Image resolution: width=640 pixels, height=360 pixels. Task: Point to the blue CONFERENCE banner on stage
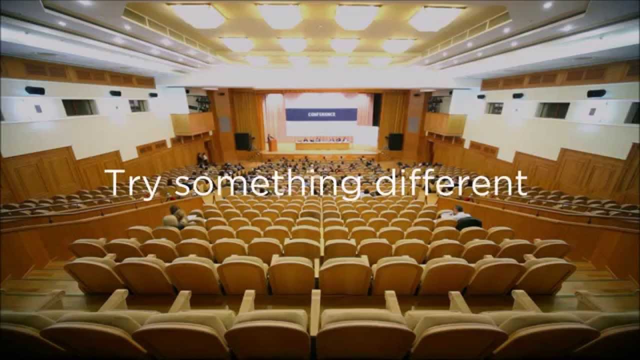pos(321,114)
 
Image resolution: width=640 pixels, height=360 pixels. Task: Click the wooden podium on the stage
pos(272,143)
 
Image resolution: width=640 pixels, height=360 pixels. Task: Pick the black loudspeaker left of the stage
pos(242,141)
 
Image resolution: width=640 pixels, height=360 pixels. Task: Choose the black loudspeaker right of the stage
pos(395,141)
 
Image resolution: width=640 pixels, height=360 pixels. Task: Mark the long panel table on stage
pos(324,145)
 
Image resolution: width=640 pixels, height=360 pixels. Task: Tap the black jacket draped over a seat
pos(468,223)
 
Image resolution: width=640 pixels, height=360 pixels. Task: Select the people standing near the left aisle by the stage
pos(202,159)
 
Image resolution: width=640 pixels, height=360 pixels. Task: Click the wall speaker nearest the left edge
pos(35,90)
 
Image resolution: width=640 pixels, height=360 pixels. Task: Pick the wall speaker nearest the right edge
pos(596,93)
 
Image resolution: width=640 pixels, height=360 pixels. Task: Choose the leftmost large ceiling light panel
pos(198,15)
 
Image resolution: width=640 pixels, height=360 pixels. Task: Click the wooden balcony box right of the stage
pos(445,123)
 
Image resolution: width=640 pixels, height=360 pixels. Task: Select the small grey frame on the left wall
pos(38,108)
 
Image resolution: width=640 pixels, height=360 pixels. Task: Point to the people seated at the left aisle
pos(175,217)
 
